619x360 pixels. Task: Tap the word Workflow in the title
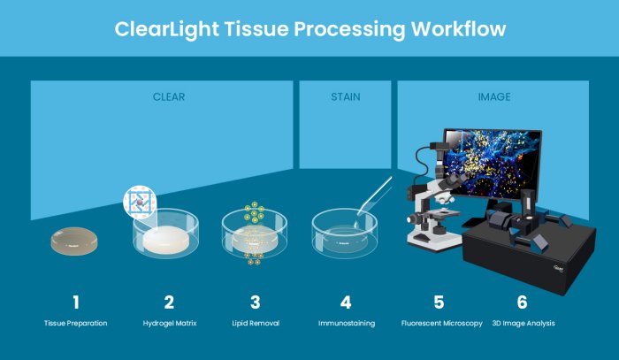[x=457, y=29]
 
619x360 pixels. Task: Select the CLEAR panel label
[x=169, y=96]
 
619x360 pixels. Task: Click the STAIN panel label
[x=346, y=96]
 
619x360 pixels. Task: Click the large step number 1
[x=75, y=303]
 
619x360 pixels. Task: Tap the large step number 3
[x=255, y=303]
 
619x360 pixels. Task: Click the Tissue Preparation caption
[x=75, y=324]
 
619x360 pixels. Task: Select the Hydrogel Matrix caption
[x=169, y=324]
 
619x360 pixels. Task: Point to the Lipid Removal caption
[x=255, y=324]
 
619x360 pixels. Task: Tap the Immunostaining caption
[x=347, y=324]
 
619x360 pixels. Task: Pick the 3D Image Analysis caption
[x=523, y=324]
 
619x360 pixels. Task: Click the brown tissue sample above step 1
[x=74, y=241]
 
